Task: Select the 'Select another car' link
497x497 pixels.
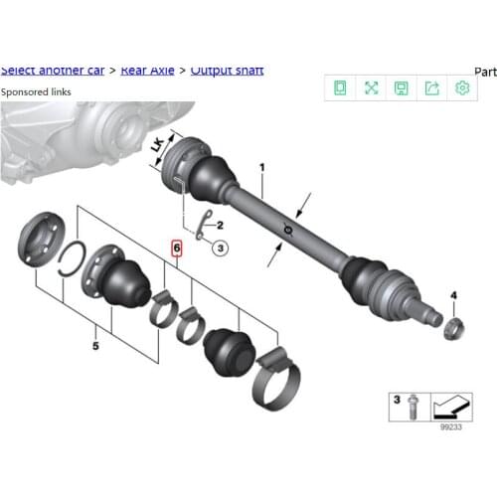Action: (x=53, y=70)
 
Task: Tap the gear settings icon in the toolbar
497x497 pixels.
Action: (x=462, y=88)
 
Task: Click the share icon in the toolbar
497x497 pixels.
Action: (x=432, y=88)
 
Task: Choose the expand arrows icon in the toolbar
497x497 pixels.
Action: (x=371, y=88)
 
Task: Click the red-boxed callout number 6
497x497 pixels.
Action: (x=177, y=248)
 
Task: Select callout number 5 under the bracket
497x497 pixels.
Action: (x=95, y=347)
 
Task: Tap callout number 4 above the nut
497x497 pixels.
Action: (x=452, y=295)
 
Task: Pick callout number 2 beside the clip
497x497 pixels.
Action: (x=220, y=227)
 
